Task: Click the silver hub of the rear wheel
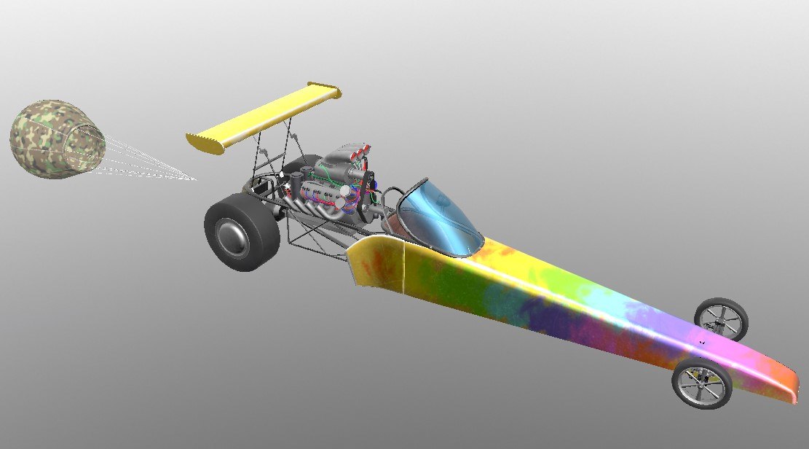[232, 236]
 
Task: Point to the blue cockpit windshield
[437, 215]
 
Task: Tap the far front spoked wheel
[721, 319]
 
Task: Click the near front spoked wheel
[701, 384]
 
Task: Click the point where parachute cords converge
[195, 179]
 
